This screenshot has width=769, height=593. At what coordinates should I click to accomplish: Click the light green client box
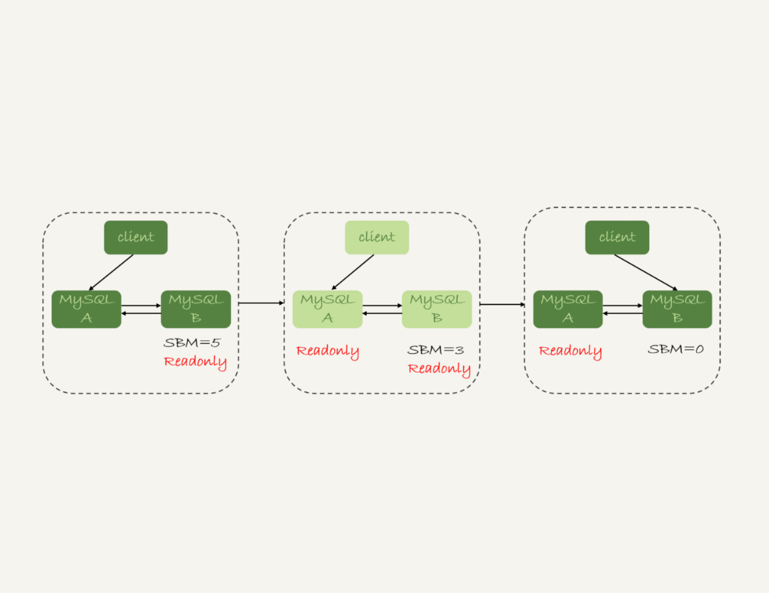click(376, 237)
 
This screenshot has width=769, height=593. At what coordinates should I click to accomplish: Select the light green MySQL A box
click(327, 309)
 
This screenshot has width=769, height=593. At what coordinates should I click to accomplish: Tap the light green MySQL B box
click(436, 309)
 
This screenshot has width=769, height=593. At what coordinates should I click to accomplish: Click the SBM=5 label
click(192, 343)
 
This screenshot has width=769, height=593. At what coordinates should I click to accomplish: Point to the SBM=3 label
click(436, 350)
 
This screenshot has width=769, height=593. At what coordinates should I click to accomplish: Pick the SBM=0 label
click(675, 350)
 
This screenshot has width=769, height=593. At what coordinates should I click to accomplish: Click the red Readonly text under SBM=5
click(195, 362)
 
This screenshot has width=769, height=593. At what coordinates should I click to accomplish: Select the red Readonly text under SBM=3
click(439, 369)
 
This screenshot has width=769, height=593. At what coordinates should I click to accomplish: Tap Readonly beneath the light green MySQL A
click(327, 351)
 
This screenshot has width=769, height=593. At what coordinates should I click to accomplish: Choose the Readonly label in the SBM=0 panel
click(570, 351)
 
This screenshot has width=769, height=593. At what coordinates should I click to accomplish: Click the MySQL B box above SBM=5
click(195, 309)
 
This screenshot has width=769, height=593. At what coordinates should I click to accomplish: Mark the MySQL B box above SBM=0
click(677, 309)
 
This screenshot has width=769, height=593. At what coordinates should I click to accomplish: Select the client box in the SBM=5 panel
click(135, 237)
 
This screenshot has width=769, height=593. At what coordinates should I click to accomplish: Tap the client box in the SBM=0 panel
click(617, 237)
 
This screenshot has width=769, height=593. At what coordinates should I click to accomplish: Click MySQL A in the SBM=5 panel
click(86, 309)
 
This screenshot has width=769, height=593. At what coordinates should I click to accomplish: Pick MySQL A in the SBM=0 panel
click(568, 309)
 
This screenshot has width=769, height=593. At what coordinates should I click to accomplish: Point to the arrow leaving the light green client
click(352, 272)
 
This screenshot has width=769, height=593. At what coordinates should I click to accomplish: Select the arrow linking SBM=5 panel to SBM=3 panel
click(261, 303)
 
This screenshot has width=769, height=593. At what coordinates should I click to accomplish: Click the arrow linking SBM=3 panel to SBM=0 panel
click(502, 305)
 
